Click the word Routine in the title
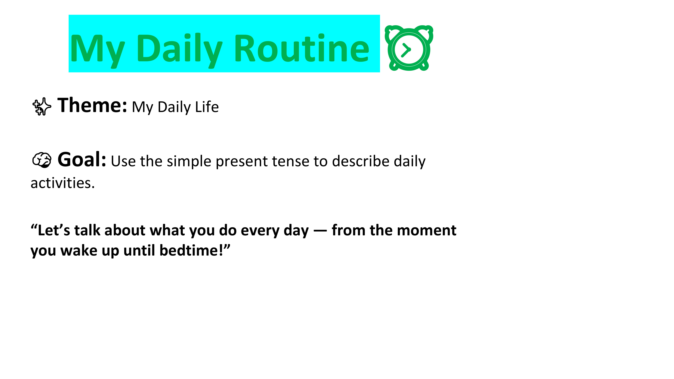pos(302,48)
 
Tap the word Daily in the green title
pos(179,51)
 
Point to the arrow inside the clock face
pos(406,50)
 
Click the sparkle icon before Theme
pos(42,106)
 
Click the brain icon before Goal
pos(42,160)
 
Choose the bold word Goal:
pos(82,159)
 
